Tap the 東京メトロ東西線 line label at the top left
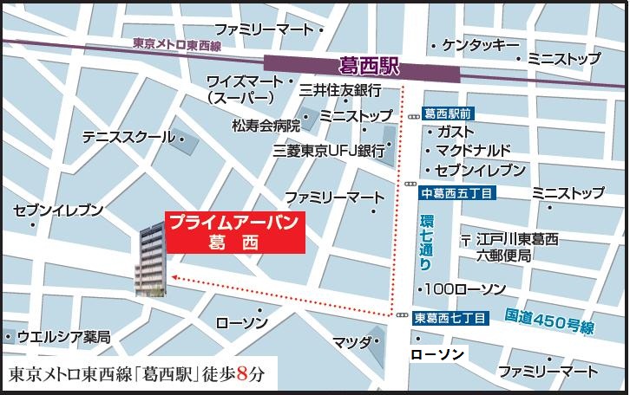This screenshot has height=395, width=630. click(178, 43)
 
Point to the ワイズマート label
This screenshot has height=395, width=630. click(245, 81)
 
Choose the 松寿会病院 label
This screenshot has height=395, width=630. click(266, 124)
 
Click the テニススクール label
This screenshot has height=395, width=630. click(128, 137)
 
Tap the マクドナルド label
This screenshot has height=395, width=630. click(474, 149)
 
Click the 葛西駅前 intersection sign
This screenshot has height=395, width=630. click(448, 113)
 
